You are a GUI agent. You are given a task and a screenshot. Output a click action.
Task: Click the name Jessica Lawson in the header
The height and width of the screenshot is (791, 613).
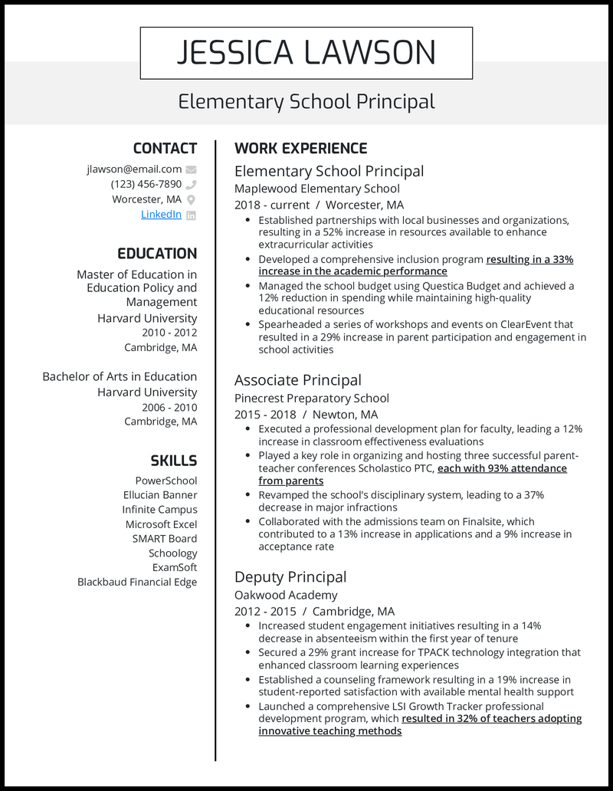306,52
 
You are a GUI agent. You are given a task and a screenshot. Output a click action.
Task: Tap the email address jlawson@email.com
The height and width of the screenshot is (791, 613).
134,169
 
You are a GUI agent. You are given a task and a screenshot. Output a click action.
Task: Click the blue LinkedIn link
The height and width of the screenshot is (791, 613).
161,215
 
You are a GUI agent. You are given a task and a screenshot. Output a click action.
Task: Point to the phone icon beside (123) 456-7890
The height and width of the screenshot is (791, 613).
191,185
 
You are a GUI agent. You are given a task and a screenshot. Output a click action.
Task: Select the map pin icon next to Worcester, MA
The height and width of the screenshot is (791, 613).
191,200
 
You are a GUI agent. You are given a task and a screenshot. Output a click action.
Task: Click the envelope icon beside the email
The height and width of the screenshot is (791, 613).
191,169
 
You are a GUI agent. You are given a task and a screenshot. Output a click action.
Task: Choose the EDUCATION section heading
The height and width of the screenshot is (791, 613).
157,254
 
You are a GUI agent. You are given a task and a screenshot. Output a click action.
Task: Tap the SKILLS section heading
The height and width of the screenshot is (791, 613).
173,461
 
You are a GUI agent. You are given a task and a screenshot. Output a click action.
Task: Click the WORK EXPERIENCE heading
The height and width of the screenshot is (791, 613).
300,149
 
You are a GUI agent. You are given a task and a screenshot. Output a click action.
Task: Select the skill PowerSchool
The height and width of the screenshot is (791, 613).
166,481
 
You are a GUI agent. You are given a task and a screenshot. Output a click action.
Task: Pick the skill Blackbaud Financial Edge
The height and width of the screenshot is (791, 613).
137,582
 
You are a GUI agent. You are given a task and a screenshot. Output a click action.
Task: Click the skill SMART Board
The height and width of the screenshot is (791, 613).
164,539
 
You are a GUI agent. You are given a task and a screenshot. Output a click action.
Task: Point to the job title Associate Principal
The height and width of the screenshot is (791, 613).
297,380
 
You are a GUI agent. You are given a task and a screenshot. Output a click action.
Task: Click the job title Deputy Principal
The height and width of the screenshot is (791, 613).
290,577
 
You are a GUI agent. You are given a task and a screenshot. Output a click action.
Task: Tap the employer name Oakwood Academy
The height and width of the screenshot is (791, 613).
286,595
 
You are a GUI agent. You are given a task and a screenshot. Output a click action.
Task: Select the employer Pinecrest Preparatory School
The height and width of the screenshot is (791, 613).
311,398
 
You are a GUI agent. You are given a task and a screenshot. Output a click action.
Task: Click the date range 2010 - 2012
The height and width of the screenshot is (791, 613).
169,333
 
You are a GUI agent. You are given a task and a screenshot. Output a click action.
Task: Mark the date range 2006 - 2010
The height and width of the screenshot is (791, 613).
169,407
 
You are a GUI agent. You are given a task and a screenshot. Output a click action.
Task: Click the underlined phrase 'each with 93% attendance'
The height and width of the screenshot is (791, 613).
502,468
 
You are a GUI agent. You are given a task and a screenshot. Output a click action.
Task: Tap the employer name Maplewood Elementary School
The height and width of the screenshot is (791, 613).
316,189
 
